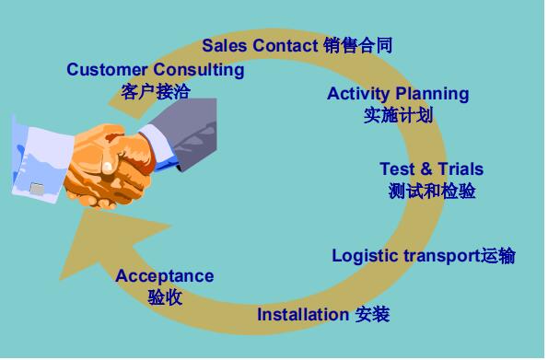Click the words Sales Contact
[260, 45]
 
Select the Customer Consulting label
[155, 70]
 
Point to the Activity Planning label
[397, 94]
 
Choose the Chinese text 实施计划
[398, 116]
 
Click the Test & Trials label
[431, 169]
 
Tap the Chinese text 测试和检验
[432, 192]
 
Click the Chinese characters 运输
[497, 256]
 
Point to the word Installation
[303, 315]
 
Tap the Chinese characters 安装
[372, 315]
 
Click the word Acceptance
[164, 276]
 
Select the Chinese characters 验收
[165, 297]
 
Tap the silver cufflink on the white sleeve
[37, 188]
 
